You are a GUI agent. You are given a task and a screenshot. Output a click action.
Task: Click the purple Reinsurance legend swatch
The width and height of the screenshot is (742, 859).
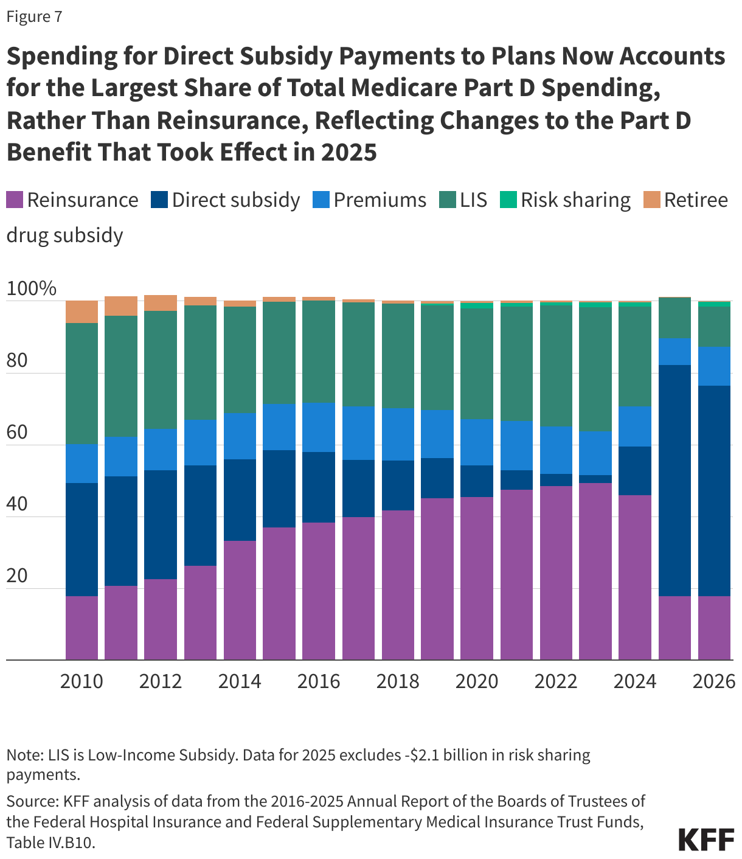coord(15,200)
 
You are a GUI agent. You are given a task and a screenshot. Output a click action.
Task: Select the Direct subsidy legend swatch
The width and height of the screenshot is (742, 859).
coord(159,200)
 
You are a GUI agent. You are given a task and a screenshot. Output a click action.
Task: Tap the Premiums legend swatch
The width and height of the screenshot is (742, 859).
coord(321,200)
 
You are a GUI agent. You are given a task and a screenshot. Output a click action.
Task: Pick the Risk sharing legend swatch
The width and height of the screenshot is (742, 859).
coord(508,200)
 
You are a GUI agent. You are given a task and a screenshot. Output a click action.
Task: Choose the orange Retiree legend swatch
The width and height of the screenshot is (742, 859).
coord(652,200)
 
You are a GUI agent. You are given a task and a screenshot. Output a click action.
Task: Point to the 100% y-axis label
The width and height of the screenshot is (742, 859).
coord(31,289)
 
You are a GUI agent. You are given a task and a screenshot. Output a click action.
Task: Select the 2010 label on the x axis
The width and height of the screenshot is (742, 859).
coord(81,681)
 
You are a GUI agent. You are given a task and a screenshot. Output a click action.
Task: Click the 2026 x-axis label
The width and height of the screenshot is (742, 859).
coord(714,681)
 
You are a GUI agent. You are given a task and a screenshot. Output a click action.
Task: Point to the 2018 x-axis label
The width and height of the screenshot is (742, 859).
coord(398,681)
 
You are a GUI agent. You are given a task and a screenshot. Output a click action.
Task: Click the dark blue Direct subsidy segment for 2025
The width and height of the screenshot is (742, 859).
coord(674,481)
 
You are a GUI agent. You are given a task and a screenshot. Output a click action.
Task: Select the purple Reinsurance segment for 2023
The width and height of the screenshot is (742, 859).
coord(595,572)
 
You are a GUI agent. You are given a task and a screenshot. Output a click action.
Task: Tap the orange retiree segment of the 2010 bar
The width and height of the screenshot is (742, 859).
coord(81,311)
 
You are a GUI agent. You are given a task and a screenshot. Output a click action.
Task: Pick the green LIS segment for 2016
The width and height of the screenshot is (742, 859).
coord(319,352)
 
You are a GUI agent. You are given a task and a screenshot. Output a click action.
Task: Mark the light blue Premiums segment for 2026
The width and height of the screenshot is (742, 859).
coord(714,366)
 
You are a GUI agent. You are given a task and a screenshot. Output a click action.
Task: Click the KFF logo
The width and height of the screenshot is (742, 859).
coord(706,840)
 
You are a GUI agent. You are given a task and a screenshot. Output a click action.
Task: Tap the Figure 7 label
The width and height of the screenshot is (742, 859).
coord(34,16)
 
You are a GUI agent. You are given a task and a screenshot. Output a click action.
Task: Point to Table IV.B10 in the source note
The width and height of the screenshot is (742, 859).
coord(51,843)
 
